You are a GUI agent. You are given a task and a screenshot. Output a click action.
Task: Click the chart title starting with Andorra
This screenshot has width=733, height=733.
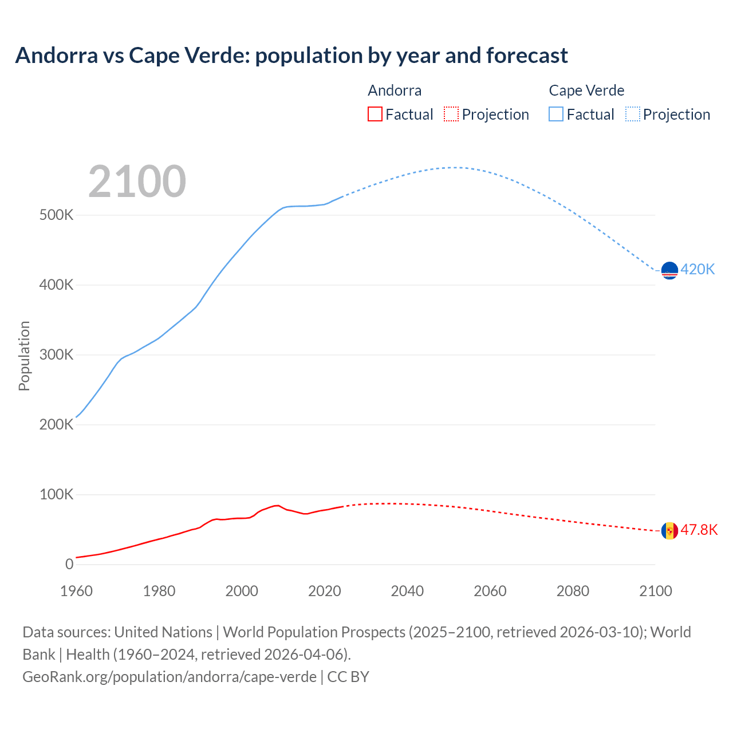[x=291, y=56]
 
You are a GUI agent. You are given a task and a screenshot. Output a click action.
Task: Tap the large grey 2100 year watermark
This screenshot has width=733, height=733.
[x=137, y=182]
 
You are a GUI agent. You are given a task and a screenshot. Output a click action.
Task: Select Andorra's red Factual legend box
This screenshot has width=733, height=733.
[x=375, y=115]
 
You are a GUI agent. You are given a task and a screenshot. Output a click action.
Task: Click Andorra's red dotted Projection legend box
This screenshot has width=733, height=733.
[x=451, y=115]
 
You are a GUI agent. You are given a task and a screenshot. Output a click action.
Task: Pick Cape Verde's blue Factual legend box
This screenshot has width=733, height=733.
[x=556, y=115]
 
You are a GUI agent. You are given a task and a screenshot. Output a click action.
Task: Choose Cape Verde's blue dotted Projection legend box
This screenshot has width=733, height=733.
[x=633, y=115]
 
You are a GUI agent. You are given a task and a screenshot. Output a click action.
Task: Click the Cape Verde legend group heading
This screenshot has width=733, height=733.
[x=586, y=90]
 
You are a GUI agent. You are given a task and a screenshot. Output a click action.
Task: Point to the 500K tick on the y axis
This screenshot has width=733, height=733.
[x=56, y=215]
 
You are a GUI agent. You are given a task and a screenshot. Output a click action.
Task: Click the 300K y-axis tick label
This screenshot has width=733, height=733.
[x=56, y=355]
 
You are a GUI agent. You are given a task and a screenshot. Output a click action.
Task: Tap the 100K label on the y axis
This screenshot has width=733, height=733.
[x=56, y=495]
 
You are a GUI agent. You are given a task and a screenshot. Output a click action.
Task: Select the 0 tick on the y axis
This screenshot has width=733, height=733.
[x=69, y=565]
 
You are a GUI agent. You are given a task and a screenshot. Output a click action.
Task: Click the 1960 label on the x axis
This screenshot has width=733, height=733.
[x=76, y=591]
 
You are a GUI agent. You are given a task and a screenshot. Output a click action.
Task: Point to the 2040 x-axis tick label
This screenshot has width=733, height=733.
[x=407, y=591]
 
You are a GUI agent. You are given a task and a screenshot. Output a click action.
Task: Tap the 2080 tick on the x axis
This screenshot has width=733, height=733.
[x=573, y=591]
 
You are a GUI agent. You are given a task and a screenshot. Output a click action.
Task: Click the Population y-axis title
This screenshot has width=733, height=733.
[x=24, y=356]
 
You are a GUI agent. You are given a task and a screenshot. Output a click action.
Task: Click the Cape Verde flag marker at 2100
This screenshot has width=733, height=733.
[x=669, y=270]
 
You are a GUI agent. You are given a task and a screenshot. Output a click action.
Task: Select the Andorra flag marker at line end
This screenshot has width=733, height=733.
[x=669, y=531]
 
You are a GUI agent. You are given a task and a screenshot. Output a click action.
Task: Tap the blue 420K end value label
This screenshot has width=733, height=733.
[x=697, y=270]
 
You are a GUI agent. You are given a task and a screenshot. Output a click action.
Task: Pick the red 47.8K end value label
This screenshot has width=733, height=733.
[x=699, y=530]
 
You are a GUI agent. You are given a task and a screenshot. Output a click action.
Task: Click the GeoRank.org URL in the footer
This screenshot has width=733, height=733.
[x=170, y=677]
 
